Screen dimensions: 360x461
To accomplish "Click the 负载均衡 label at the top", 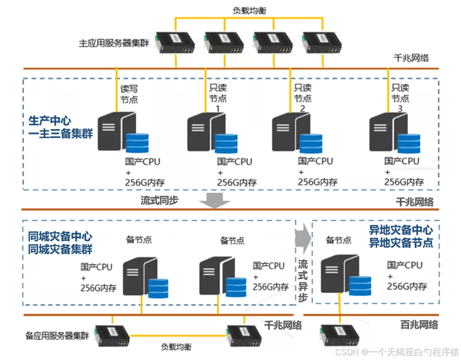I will click(247, 10).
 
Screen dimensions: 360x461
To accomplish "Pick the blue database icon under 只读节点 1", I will click(226, 143).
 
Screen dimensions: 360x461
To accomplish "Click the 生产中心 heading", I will click(49, 121).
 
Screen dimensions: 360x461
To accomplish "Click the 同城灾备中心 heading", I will click(60, 236).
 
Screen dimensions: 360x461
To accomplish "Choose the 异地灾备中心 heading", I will click(401, 230).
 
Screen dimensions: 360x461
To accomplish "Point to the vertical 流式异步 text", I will click(303, 280).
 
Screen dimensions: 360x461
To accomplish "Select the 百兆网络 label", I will click(419, 324).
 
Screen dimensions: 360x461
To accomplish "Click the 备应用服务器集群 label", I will click(57, 336).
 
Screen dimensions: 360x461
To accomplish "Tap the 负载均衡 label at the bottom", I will click(176, 347).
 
